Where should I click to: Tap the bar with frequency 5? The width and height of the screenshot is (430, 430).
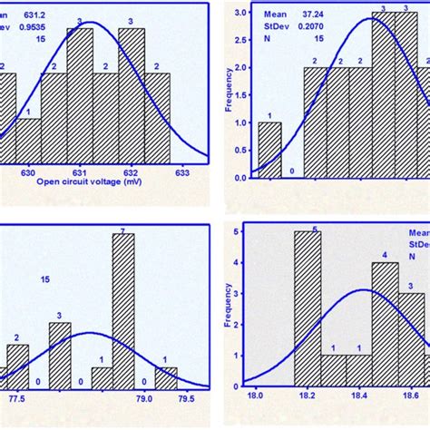[308, 308]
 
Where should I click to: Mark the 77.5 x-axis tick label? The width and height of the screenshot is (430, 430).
[16, 397]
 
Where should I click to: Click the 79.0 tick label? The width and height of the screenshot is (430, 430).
[143, 397]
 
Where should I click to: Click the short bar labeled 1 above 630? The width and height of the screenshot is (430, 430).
[29, 140]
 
